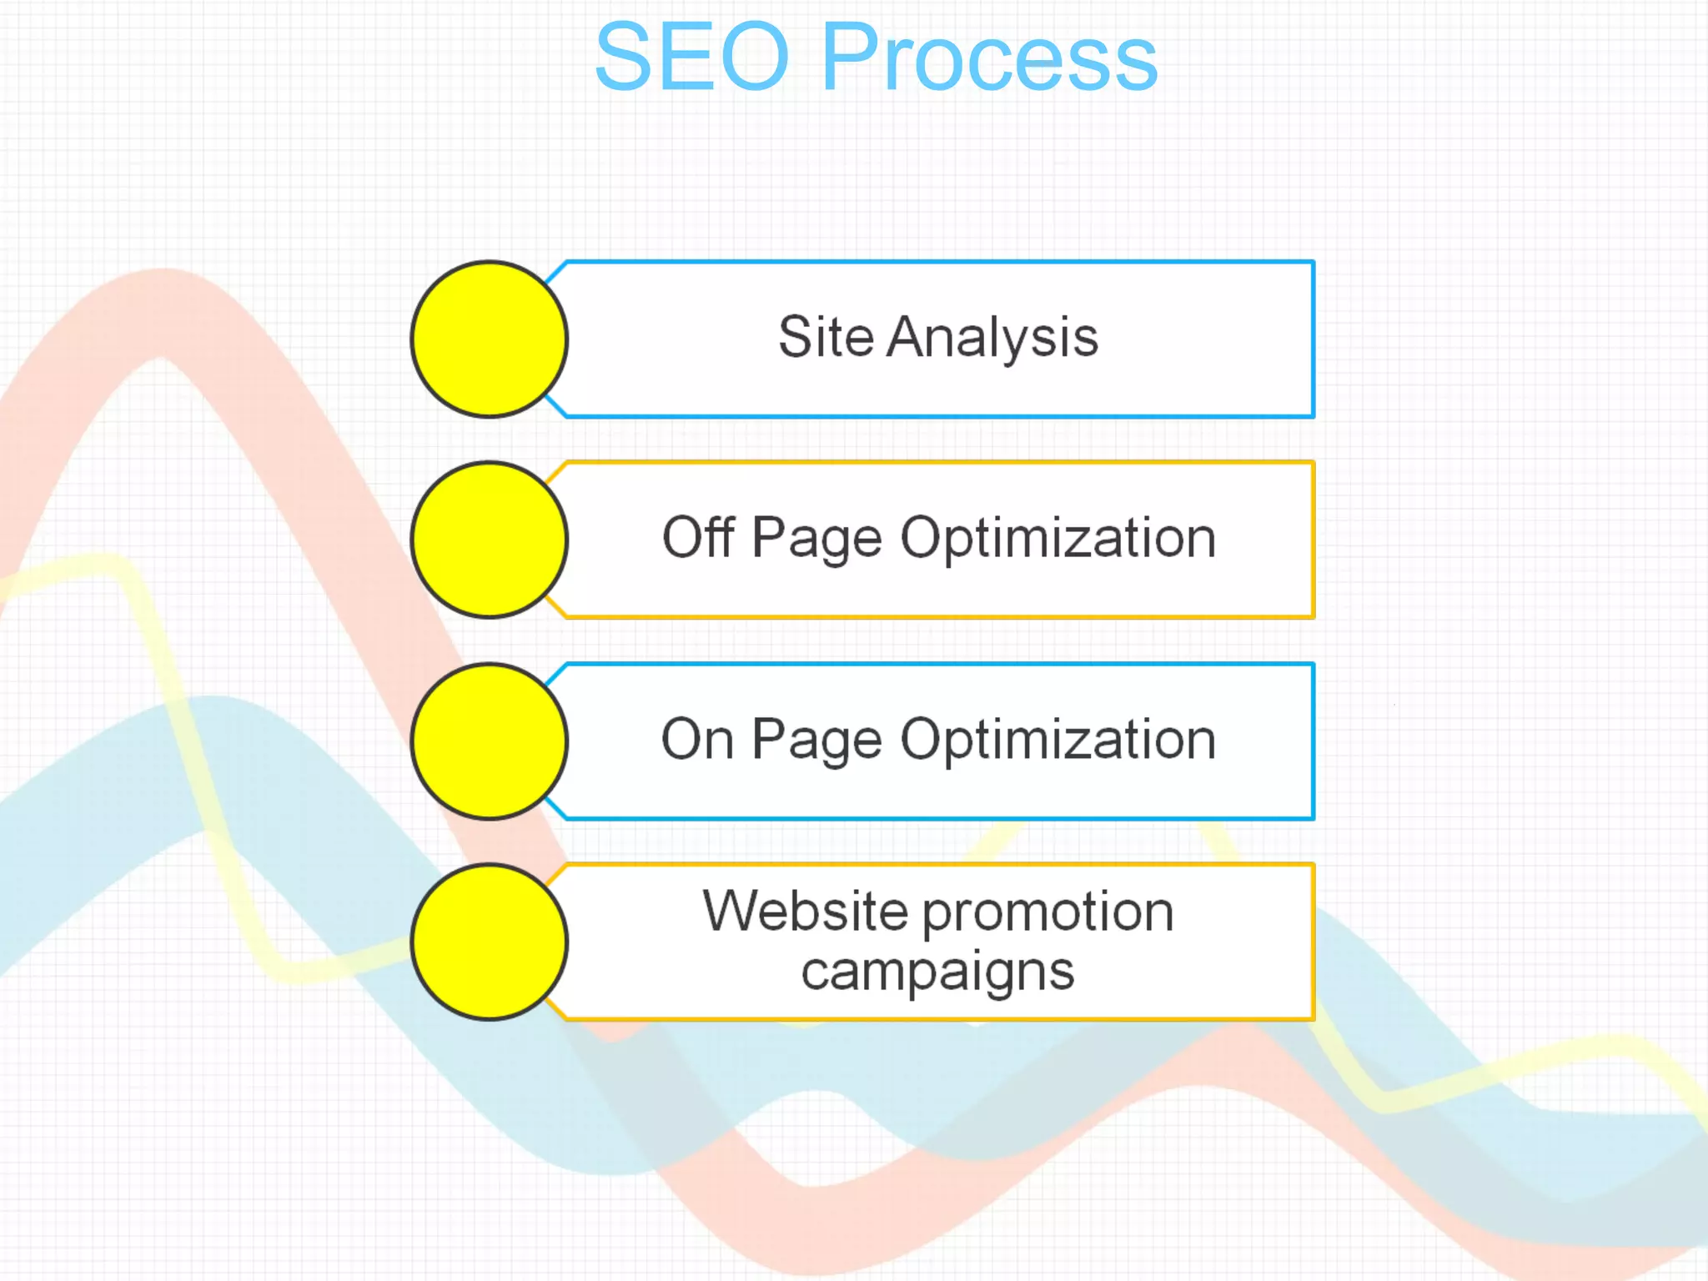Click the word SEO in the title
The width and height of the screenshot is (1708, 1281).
pyautogui.click(x=691, y=57)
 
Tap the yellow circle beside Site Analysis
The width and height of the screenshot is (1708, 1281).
pyautogui.click(x=490, y=339)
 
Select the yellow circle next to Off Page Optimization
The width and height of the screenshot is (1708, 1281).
pyautogui.click(x=490, y=540)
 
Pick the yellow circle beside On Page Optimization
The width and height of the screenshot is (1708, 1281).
pyautogui.click(x=490, y=741)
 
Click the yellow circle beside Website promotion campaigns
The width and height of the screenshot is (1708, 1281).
pyautogui.click(x=490, y=942)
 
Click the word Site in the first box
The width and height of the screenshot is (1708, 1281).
pyautogui.click(x=826, y=337)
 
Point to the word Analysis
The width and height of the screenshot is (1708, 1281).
pyautogui.click(x=992, y=339)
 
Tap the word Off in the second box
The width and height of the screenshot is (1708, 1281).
pyautogui.click(x=698, y=537)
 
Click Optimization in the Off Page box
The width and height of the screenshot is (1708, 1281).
pyautogui.click(x=1057, y=539)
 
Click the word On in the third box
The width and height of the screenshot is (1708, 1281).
pyautogui.click(x=697, y=740)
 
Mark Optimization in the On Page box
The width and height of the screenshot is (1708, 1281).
pyautogui.click(x=1057, y=741)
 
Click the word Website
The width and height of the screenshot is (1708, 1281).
pyautogui.click(x=805, y=911)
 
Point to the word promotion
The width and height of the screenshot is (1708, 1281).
pyautogui.click(x=1048, y=912)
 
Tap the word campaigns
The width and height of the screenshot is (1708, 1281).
pyautogui.click(x=937, y=972)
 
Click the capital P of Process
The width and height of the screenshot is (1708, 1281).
pyautogui.click(x=850, y=57)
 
